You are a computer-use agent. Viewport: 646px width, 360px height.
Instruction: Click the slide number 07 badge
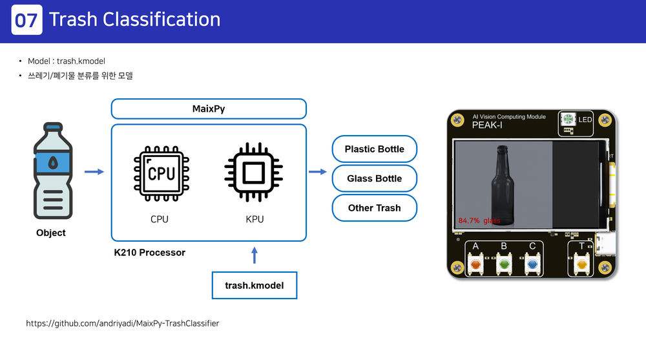coord(26,20)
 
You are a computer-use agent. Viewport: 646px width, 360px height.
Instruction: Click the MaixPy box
coord(209,109)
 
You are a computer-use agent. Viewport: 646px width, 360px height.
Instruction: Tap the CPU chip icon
coord(159,174)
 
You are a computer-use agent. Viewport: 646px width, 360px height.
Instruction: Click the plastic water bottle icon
coord(50,172)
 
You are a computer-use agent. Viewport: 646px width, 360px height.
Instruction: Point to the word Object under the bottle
coord(50,233)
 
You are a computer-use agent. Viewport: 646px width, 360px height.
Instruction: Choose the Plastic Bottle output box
coord(374,149)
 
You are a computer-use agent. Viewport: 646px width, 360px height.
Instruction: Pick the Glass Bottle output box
coord(374,178)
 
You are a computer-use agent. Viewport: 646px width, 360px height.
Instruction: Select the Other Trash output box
coord(374,208)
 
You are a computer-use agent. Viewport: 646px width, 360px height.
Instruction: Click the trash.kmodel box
coord(255,285)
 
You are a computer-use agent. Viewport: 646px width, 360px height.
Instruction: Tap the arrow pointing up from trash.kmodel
coord(255,255)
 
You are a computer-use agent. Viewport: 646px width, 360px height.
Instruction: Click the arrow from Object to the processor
coord(94,171)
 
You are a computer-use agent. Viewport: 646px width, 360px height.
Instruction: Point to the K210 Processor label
coord(149,253)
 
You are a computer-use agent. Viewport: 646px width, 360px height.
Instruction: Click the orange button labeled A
coord(476,264)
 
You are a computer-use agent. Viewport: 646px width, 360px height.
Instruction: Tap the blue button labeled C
coord(532,264)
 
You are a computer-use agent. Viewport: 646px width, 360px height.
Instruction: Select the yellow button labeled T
coord(581,264)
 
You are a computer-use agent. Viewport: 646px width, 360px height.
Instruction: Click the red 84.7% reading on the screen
coord(469,220)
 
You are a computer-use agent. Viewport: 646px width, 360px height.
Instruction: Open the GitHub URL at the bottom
coord(122,323)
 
